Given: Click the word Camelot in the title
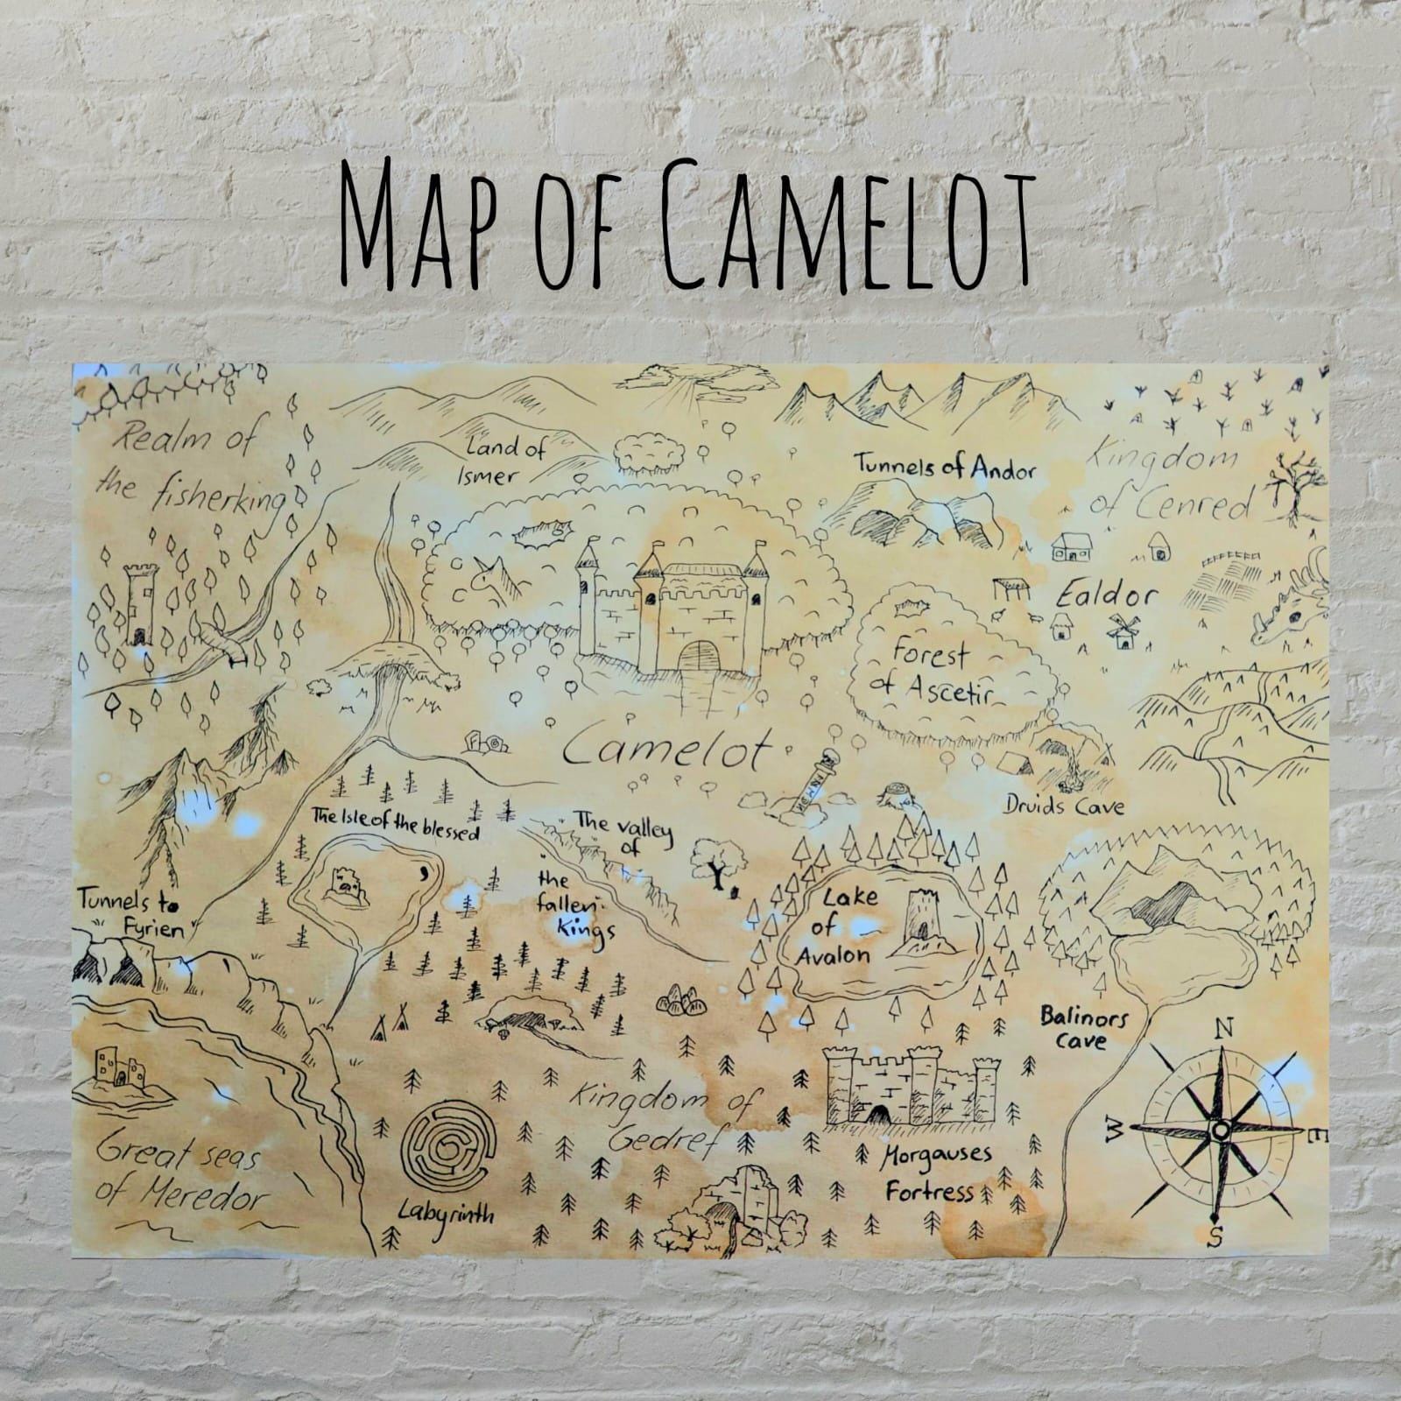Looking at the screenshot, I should tap(846, 226).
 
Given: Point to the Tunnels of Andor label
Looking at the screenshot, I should tap(944, 466).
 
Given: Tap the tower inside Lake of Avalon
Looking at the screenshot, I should tap(923, 923).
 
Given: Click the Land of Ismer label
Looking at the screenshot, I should tap(501, 461).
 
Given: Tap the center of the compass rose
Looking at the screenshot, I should tap(1219, 1130).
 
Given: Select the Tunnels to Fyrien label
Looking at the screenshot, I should tap(131, 912).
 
